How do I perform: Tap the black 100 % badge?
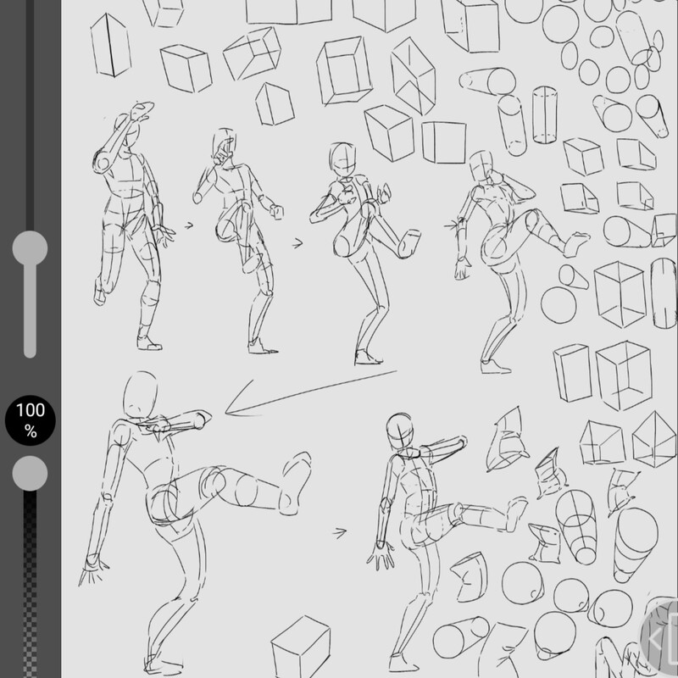click(x=31, y=420)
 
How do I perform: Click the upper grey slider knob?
click(x=30, y=248)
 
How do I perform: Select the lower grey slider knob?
click(x=30, y=474)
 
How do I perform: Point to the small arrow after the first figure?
click(x=189, y=225)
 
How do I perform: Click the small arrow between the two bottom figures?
click(x=340, y=533)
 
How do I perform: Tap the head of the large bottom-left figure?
click(x=140, y=394)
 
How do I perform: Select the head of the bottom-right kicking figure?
click(x=401, y=432)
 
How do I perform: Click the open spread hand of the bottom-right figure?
click(x=381, y=556)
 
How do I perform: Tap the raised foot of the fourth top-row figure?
click(x=576, y=243)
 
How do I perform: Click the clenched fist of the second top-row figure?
click(x=277, y=211)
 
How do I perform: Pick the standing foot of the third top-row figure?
click(x=368, y=357)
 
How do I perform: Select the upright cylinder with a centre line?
click(x=544, y=114)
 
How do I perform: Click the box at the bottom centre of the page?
click(x=301, y=647)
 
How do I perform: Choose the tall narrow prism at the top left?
click(x=111, y=46)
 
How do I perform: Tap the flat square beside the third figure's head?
click(x=443, y=142)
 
